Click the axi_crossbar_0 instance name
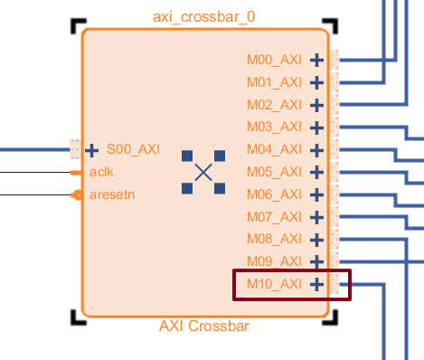point(204,18)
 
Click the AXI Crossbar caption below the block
point(203,327)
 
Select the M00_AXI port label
point(274,60)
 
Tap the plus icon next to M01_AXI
point(316,82)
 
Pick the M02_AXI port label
point(274,105)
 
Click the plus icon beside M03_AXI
point(316,128)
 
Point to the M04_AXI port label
point(274,149)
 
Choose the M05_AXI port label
point(274,172)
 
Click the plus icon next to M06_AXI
point(316,194)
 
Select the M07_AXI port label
point(274,217)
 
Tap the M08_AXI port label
point(274,239)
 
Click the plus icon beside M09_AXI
point(316,261)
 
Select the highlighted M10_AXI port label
point(274,284)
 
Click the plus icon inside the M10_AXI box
point(316,284)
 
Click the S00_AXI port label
point(133,149)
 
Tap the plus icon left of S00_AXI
point(92,149)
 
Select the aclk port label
point(101,172)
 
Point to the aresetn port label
point(112,194)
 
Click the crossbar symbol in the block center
point(203,172)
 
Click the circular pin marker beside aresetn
point(78,194)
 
